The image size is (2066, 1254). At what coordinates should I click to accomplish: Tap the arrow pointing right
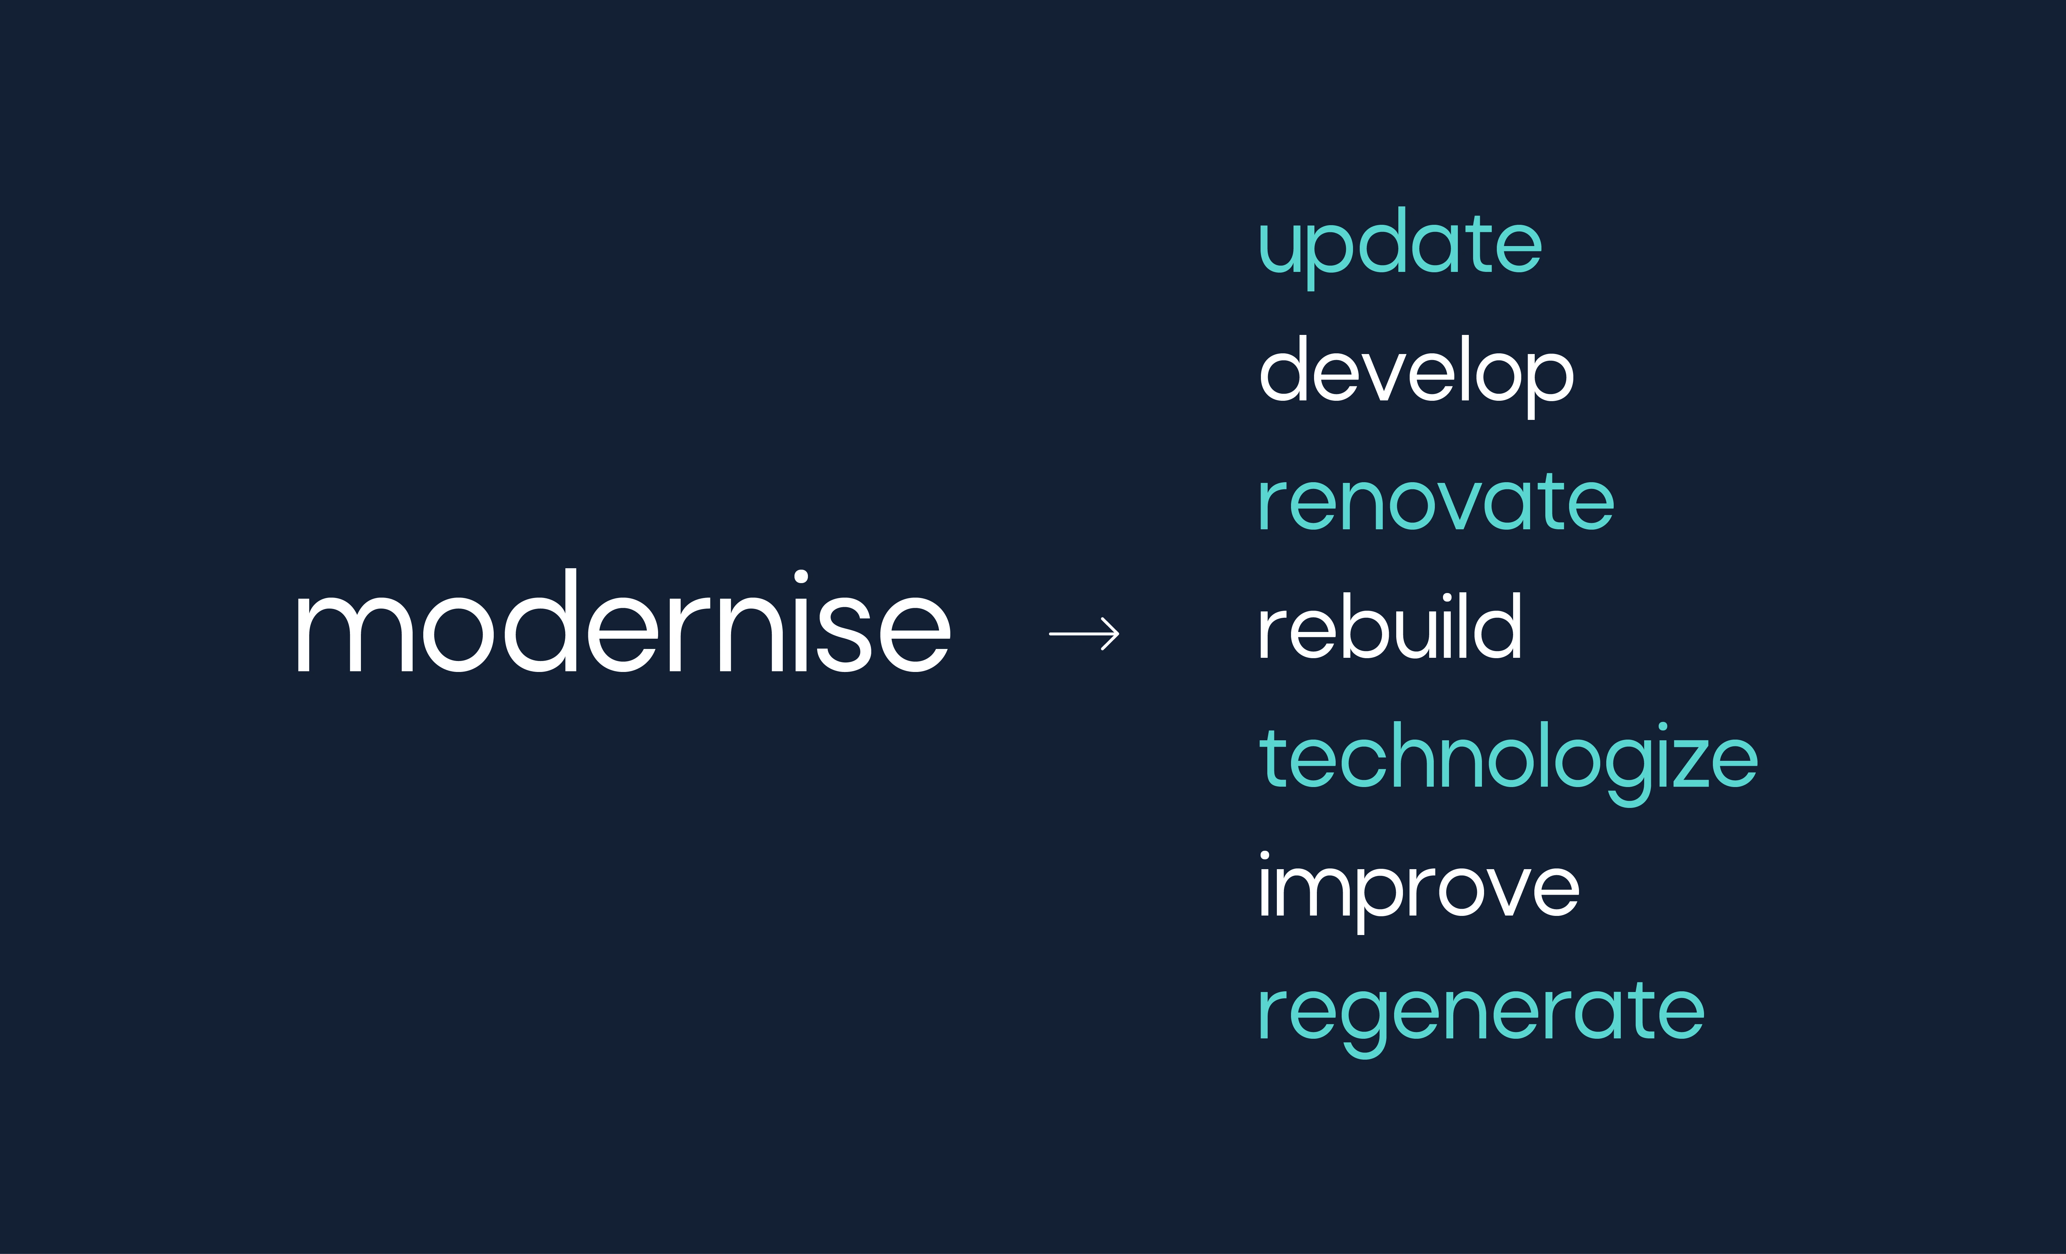(1084, 634)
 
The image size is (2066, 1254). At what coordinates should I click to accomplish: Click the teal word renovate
(1436, 501)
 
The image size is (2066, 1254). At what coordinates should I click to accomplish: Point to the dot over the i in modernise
(801, 577)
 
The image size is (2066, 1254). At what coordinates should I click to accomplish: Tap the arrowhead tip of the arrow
(1119, 634)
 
